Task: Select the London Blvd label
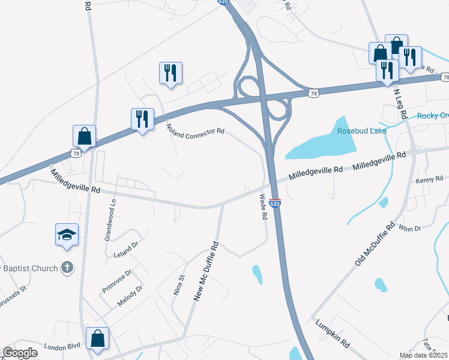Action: [62, 346]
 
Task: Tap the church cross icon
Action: [68, 268]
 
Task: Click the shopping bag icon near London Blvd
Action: [97, 338]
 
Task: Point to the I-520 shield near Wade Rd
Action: [275, 204]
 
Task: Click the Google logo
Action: [20, 353]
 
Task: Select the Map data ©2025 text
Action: [423, 355]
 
